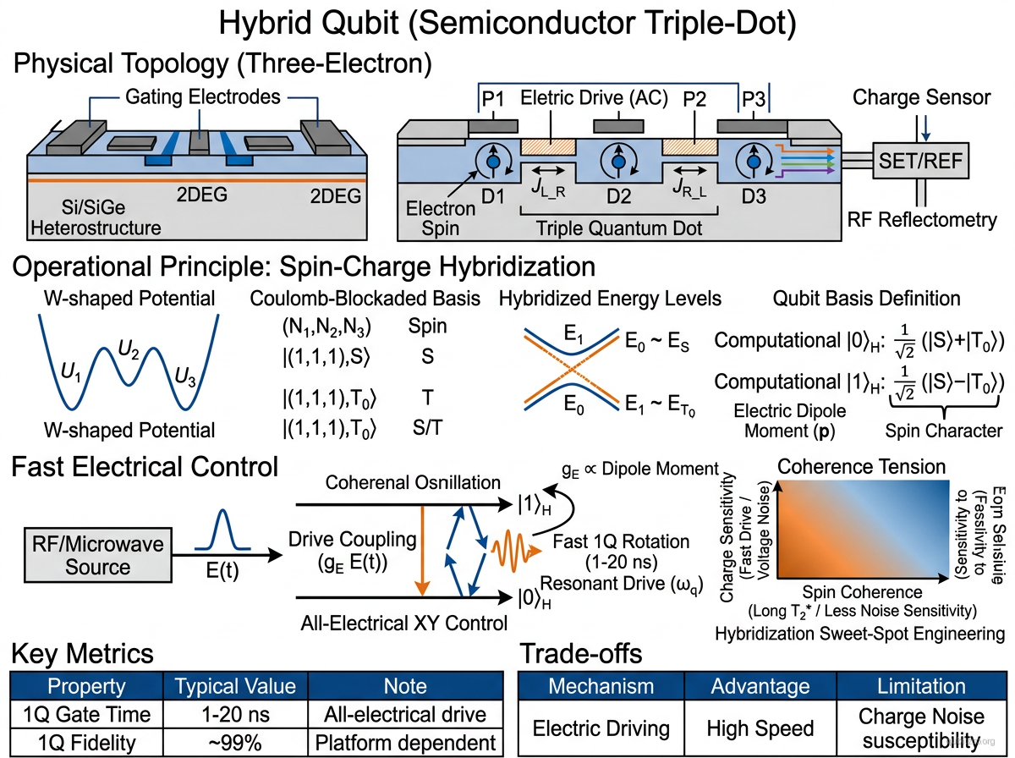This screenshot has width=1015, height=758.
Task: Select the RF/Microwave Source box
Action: pyautogui.click(x=97, y=555)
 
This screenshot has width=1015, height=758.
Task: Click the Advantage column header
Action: pyautogui.click(x=760, y=686)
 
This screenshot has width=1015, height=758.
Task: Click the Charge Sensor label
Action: pyautogui.click(x=921, y=97)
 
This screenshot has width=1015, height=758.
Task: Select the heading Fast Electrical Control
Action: pyautogui.click(x=143, y=466)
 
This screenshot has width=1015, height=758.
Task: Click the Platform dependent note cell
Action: pyautogui.click(x=405, y=743)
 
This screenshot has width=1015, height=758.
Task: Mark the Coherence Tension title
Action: pyautogui.click(x=861, y=466)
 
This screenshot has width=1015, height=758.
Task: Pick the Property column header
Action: pyautogui.click(x=86, y=686)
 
